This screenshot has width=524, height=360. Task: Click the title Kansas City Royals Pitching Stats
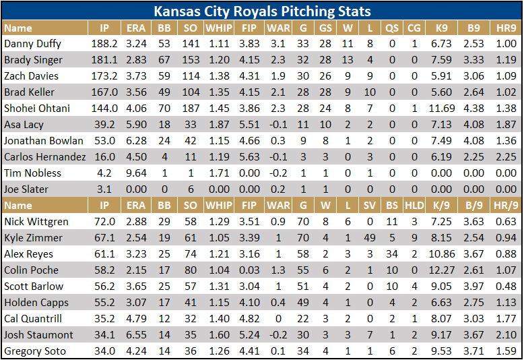262,11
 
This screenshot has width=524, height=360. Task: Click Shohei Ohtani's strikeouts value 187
191,109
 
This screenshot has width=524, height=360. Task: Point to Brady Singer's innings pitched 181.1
104,60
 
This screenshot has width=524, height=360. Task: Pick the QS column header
391,28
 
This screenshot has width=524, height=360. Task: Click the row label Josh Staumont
38,335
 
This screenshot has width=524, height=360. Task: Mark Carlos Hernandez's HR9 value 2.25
505,157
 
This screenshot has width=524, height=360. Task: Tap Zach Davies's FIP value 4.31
249,76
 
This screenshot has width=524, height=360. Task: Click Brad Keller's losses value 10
370,92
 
